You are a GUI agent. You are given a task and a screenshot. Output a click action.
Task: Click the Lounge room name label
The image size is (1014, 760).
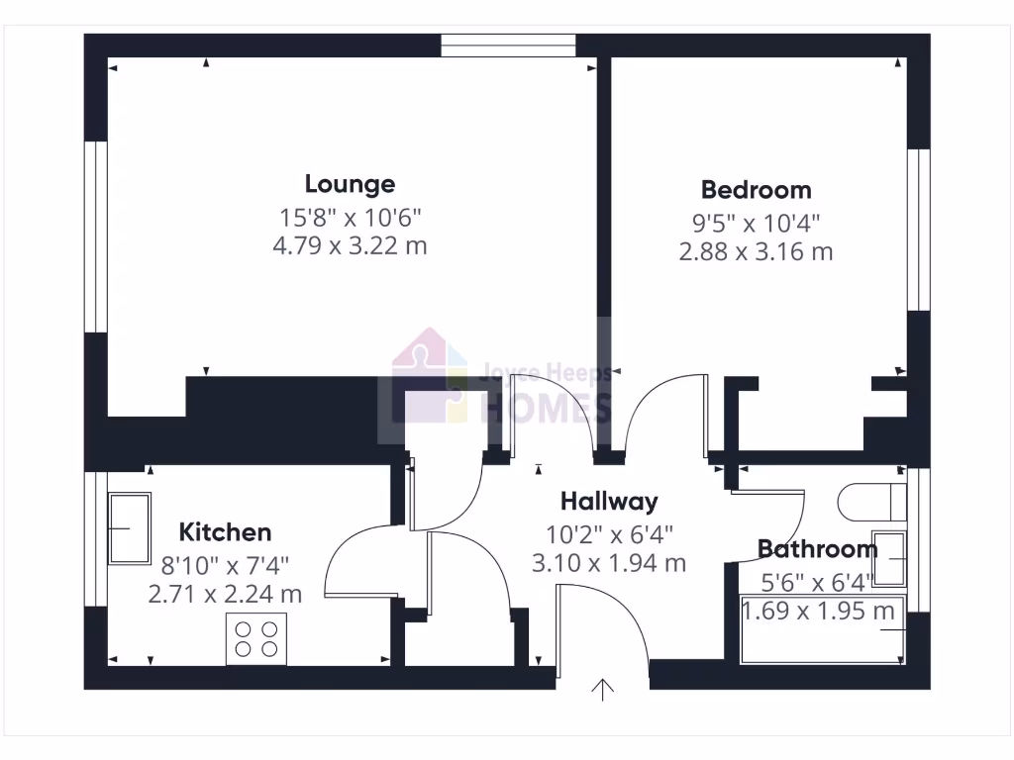click(x=350, y=184)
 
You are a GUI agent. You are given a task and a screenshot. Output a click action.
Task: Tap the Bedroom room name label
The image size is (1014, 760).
click(x=756, y=190)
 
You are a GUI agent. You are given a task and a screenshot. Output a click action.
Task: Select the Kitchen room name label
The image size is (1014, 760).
click(x=226, y=532)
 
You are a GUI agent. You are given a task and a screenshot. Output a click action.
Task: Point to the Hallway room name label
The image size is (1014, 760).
click(x=608, y=502)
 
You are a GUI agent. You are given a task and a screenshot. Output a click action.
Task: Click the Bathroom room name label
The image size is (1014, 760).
click(x=817, y=549)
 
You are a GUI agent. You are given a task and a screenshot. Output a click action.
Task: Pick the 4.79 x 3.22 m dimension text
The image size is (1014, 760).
click(x=350, y=245)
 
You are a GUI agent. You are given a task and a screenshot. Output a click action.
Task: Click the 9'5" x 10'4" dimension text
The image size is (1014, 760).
click(x=756, y=222)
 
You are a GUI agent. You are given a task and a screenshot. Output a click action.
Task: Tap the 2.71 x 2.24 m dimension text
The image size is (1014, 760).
click(x=225, y=594)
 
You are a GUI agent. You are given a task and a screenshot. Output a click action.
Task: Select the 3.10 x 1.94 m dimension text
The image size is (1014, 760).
click(x=608, y=564)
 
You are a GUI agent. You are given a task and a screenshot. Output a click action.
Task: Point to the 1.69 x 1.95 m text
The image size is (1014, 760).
click(x=819, y=611)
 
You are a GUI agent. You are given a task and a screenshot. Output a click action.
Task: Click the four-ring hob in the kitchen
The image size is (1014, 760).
click(x=256, y=637)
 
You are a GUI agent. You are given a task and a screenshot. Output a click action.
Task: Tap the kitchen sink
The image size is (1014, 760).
click(x=129, y=527)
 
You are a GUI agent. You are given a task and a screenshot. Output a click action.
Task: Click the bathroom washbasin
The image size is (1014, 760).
click(x=889, y=560)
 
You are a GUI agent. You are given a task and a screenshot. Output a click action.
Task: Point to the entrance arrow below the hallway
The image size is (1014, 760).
click(x=602, y=689)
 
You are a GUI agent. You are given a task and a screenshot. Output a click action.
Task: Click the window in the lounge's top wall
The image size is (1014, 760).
click(x=508, y=46)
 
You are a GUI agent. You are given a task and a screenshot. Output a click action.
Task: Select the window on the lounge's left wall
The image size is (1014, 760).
click(x=95, y=236)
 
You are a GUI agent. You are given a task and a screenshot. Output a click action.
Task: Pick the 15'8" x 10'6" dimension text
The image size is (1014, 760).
click(x=350, y=216)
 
